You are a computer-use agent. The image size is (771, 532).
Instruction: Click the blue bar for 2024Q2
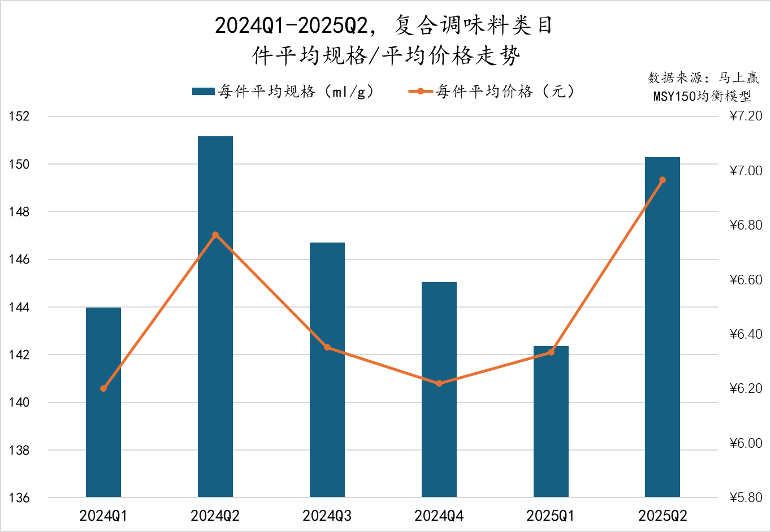(215, 317)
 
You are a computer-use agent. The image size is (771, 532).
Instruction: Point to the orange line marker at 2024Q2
(215, 235)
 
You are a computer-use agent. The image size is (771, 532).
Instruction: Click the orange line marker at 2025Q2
(662, 180)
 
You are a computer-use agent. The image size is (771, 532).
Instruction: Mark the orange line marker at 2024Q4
(439, 383)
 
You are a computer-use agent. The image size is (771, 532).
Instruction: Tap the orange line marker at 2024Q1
(103, 388)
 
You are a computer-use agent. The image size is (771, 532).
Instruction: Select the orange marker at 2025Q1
(551, 352)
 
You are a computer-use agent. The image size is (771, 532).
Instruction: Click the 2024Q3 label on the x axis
(327, 516)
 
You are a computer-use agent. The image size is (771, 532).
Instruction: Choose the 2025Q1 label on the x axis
(551, 516)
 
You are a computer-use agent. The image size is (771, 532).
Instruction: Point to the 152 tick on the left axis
(19, 116)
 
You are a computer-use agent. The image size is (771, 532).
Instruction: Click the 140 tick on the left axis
(19, 403)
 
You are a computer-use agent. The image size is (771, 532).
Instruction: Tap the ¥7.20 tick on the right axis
(746, 116)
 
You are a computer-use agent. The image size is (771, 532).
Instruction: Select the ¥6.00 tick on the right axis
(746, 443)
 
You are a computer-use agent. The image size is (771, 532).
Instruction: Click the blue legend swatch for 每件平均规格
(203, 92)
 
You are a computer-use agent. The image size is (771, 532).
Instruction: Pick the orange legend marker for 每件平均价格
(421, 92)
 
